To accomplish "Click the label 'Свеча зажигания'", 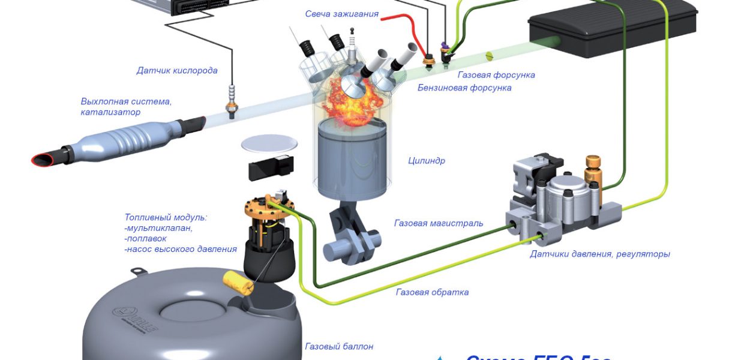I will point(341,14).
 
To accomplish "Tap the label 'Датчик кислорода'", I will point(176,71).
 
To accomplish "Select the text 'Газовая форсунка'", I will point(496,75).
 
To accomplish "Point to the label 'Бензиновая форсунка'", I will point(464,88).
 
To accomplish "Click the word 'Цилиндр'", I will point(426,161).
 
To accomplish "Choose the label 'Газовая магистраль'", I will point(438,223).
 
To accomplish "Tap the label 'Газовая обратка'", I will point(432,292).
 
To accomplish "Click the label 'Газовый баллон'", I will point(339,346).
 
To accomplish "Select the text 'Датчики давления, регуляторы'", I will point(599,254).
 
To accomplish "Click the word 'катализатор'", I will point(110,112).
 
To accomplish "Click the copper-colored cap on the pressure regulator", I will point(593,161).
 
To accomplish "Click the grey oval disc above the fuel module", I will point(269,144).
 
